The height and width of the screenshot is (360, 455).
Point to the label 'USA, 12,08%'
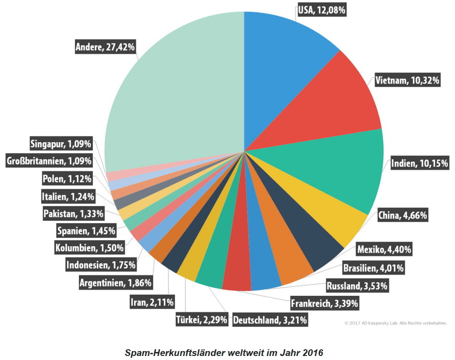coord(322,10)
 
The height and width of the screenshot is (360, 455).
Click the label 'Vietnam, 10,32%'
coord(407,80)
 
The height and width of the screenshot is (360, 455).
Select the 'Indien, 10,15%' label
coord(419,164)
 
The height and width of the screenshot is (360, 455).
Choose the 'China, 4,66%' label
coord(403,216)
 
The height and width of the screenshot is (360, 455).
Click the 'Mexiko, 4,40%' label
coord(384,249)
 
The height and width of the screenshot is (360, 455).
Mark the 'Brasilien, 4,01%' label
coord(373,268)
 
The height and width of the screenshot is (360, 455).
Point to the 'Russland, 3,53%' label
coord(357,286)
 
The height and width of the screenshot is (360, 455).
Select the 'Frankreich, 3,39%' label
coord(324,304)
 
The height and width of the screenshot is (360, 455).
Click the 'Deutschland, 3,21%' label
coord(270,320)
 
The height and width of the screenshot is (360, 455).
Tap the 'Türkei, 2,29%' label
coord(202,320)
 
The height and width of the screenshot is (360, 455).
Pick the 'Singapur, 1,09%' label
coord(61,144)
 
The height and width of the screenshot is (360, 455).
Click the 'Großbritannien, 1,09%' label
coord(49,161)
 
